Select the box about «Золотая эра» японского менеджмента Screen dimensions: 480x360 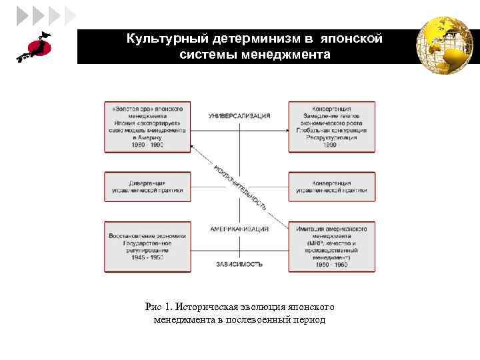pos(147,127)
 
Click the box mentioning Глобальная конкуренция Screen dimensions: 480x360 pos(331,127)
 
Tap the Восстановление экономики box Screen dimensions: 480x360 pos(147,246)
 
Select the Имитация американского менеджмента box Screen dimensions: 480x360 pos(331,247)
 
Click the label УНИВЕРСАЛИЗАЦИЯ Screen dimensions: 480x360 pos(239,116)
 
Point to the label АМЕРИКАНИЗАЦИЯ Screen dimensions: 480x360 pos(239,229)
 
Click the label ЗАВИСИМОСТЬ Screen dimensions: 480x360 pos(239,264)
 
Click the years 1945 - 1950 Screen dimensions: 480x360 pos(147,257)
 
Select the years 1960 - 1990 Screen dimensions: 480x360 pos(147,145)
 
